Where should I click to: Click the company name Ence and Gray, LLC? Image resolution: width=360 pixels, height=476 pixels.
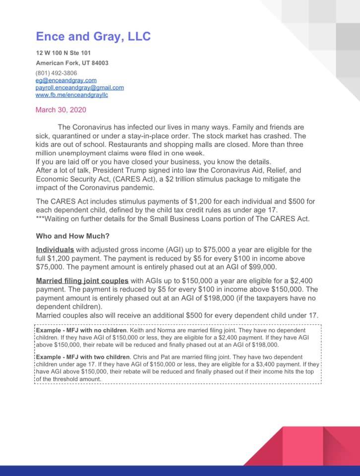[x=93, y=36]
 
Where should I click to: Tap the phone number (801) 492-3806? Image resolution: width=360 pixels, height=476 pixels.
[x=56, y=73]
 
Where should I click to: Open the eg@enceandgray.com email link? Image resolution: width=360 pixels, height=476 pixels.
[x=66, y=80]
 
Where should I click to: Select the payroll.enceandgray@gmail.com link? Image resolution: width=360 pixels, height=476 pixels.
[x=79, y=88]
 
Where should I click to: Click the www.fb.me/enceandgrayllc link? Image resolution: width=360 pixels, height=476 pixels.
[x=71, y=95]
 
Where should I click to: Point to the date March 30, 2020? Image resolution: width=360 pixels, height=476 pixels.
[x=60, y=110]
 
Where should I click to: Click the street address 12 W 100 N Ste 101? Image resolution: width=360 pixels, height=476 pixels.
[x=63, y=53]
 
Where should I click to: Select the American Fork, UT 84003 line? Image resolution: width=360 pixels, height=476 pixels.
[x=72, y=63]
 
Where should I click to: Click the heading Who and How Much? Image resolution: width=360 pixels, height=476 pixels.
[x=72, y=237]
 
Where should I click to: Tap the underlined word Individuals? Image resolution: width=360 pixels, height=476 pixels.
[x=55, y=249]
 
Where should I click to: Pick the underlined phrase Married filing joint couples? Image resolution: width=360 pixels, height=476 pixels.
[x=82, y=280]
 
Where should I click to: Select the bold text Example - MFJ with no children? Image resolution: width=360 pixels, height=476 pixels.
[x=89, y=330]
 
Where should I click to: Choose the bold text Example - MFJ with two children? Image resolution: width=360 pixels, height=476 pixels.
[x=92, y=357]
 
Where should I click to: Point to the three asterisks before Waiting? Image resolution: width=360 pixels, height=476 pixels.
[x=40, y=219]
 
